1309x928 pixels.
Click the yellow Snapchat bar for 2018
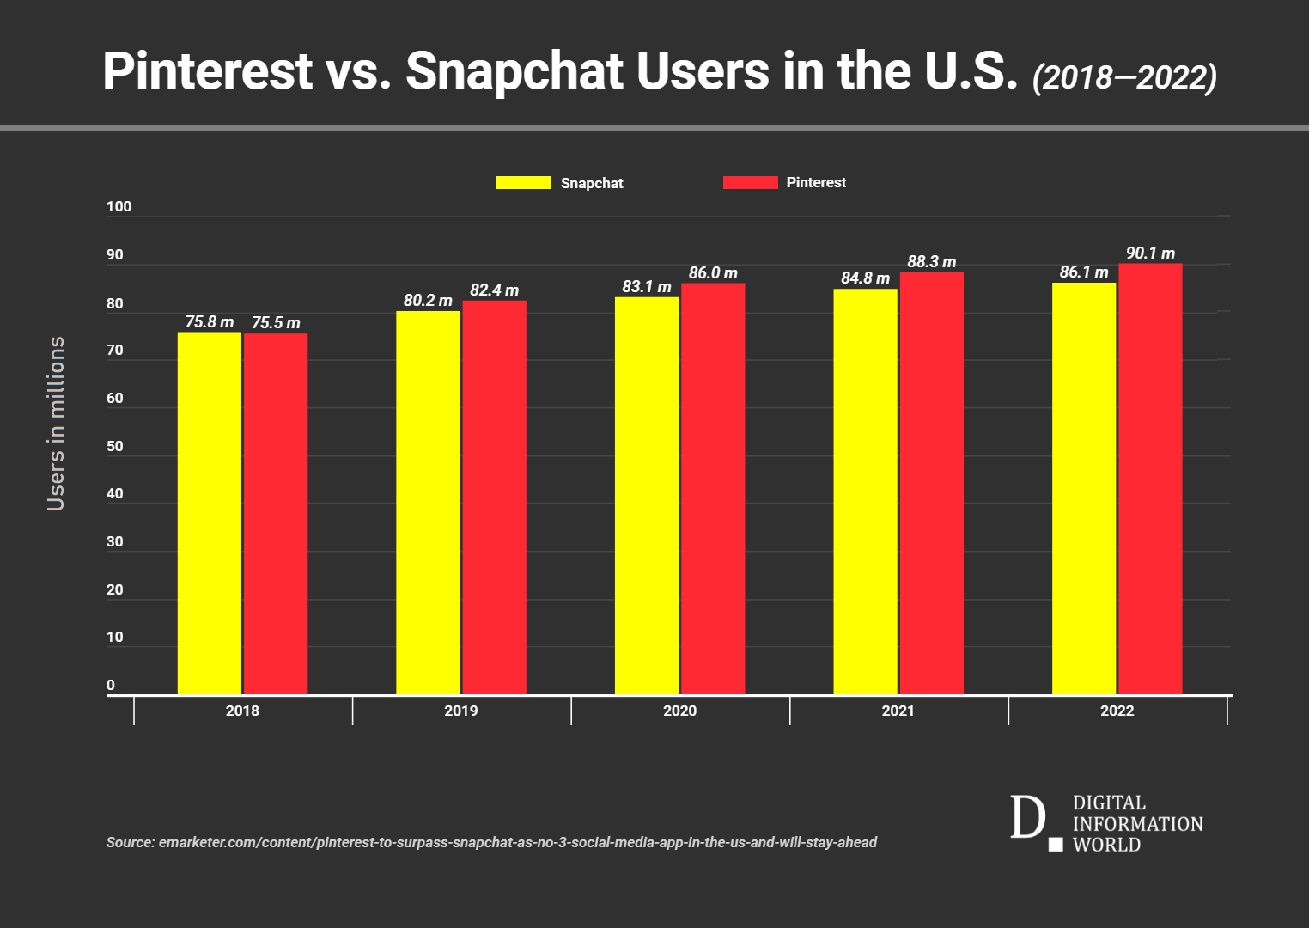pyautogui.click(x=209, y=513)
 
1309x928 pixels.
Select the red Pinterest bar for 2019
pyautogui.click(x=494, y=498)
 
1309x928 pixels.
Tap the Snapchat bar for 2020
pyautogui.click(x=646, y=496)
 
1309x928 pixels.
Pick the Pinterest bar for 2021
pyautogui.click(x=931, y=484)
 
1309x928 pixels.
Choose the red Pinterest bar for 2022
pyautogui.click(x=1150, y=479)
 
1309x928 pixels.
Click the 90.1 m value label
pyautogui.click(x=1150, y=253)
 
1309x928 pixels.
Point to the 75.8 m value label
pyautogui.click(x=209, y=322)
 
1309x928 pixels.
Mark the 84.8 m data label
pyautogui.click(x=865, y=278)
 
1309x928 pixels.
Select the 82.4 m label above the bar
pyautogui.click(x=494, y=290)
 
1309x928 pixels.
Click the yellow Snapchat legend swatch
pyautogui.click(x=522, y=182)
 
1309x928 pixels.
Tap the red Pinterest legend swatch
pyautogui.click(x=750, y=182)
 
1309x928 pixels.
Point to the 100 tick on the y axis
pyautogui.click(x=119, y=207)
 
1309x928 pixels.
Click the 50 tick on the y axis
pyautogui.click(x=114, y=447)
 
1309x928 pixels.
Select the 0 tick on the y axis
pyautogui.click(x=111, y=686)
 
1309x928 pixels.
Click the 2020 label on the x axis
pyautogui.click(x=679, y=711)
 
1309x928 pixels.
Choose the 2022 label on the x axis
pyautogui.click(x=1117, y=711)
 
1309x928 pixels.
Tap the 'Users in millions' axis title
pyautogui.click(x=57, y=424)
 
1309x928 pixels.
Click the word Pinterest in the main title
pyautogui.click(x=207, y=70)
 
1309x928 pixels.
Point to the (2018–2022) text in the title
pyautogui.click(x=1124, y=77)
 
